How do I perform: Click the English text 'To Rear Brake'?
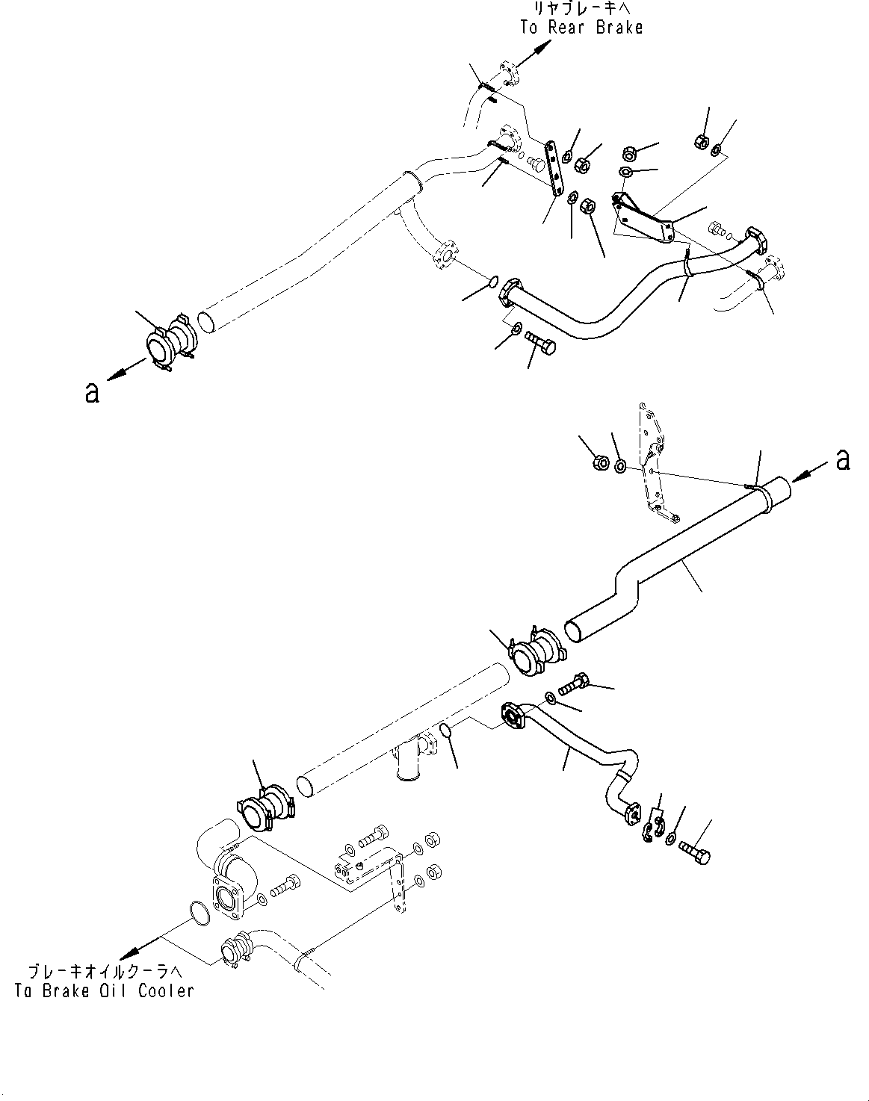[581, 28]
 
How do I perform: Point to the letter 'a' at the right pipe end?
[843, 460]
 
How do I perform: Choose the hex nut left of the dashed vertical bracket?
[599, 463]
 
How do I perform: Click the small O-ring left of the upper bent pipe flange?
[492, 282]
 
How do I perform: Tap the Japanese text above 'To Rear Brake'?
[581, 9]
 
